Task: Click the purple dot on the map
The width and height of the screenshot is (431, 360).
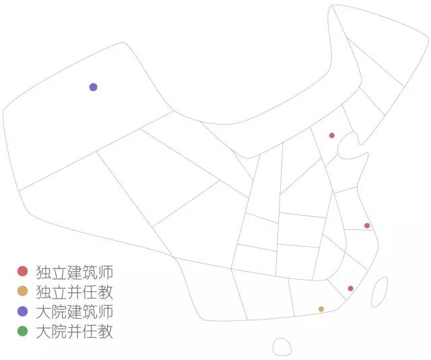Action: (93, 87)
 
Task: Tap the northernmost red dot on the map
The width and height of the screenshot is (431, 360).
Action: (332, 136)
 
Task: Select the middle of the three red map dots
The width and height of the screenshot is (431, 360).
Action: (367, 226)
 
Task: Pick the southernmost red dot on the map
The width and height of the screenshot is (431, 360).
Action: (350, 289)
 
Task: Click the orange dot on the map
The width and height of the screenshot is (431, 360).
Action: (321, 309)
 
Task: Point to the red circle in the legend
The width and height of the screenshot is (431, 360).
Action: (22, 271)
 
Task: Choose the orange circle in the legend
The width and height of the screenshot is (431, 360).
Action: (22, 291)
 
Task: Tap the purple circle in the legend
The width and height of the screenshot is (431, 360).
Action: (22, 311)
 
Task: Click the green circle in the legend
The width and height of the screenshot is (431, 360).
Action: (22, 331)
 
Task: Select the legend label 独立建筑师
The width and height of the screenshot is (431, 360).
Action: (75, 272)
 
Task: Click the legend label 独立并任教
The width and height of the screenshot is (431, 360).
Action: (75, 292)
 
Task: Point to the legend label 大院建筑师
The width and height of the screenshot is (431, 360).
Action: (75, 312)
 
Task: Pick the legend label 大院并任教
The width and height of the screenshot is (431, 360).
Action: (75, 332)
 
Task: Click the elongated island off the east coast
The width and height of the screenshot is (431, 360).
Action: (380, 292)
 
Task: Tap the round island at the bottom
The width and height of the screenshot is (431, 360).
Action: (282, 347)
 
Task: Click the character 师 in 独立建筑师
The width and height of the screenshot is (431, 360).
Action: (106, 272)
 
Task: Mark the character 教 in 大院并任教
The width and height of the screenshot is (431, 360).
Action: (106, 332)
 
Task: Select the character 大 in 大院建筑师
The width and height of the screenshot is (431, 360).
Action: (43, 312)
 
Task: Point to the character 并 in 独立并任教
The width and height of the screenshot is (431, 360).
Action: (75, 292)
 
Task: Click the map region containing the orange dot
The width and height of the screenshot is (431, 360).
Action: (313, 297)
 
